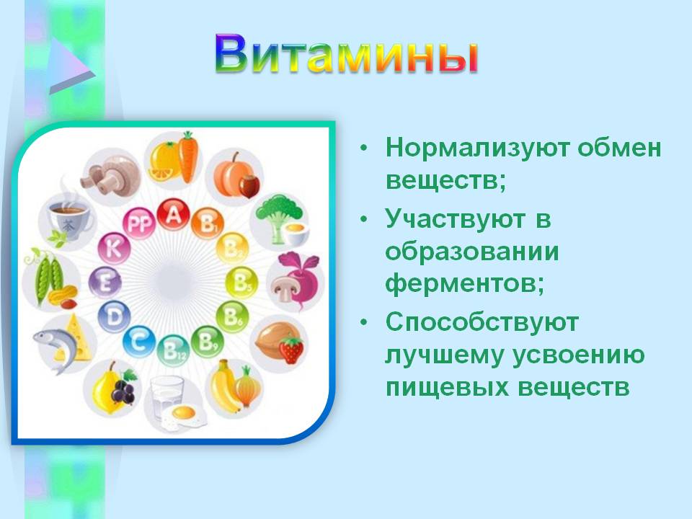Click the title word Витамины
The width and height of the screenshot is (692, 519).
pos(347,54)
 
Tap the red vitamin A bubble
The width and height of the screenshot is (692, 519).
pos(174,215)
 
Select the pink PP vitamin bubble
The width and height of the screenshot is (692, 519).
pos(139,223)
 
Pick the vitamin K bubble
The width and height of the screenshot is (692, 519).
pos(114,249)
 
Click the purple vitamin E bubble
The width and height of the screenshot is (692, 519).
pos(105,283)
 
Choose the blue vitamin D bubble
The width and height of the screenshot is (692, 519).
pos(114,316)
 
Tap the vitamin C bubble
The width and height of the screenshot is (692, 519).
pos(139,342)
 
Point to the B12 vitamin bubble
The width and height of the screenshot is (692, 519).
pos(174,351)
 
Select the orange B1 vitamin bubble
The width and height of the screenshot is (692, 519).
pos(208,223)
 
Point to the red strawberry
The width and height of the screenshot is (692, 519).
pos(291,350)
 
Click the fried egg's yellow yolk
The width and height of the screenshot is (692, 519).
pos(184,412)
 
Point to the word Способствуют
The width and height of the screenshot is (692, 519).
pos(482,323)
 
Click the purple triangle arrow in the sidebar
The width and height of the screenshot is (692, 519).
pos(71,66)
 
